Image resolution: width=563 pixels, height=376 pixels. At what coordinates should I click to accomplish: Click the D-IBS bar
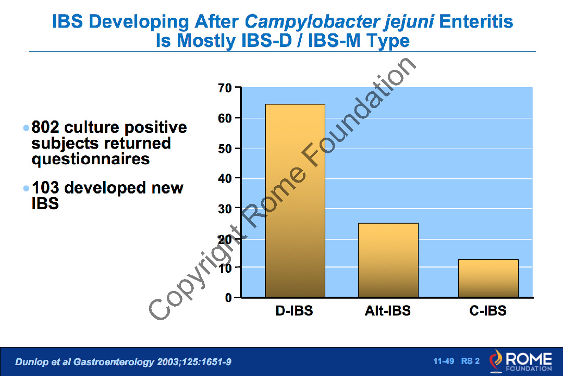(295, 201)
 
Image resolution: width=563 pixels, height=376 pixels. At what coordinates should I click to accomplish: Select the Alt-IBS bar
(388, 260)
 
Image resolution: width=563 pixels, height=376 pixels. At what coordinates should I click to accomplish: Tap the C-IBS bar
(488, 278)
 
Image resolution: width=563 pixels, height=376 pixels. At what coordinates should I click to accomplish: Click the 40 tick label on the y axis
(225, 178)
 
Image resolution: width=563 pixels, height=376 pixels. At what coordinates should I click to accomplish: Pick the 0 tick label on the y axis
(228, 298)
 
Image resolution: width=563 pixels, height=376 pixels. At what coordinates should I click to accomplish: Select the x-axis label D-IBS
(295, 311)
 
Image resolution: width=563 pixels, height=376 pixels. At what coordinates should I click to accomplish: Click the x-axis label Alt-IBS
(388, 311)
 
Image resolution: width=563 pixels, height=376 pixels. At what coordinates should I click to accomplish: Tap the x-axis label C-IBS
(488, 311)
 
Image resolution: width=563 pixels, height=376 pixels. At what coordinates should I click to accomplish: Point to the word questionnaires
(91, 159)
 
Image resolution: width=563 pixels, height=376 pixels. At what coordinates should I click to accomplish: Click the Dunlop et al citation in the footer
(123, 361)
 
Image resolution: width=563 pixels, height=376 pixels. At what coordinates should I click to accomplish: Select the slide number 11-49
(444, 361)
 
